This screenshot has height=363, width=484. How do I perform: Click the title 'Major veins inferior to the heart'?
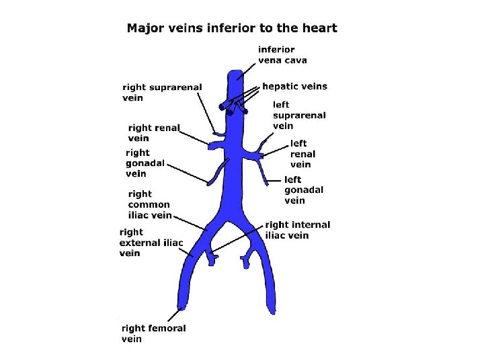pyautogui.click(x=232, y=28)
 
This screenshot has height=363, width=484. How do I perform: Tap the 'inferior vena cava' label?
pyautogui.click(x=282, y=54)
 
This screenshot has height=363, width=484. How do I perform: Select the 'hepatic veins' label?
pyautogui.click(x=294, y=86)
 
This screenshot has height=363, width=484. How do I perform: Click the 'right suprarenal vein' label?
pyautogui.click(x=162, y=92)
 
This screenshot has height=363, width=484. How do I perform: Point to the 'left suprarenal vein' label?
pyautogui.click(x=299, y=115)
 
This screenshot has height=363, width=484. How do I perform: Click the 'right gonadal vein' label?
pyautogui.click(x=145, y=163)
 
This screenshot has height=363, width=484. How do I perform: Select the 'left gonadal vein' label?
pyautogui.click(x=303, y=190)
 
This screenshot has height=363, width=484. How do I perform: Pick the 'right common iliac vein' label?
pyautogui.click(x=149, y=205)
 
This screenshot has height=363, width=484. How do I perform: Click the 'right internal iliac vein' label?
pyautogui.click(x=297, y=230)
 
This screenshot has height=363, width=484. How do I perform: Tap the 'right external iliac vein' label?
pyautogui.click(x=151, y=243)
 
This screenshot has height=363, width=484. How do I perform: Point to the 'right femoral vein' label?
pyautogui.click(x=153, y=333)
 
